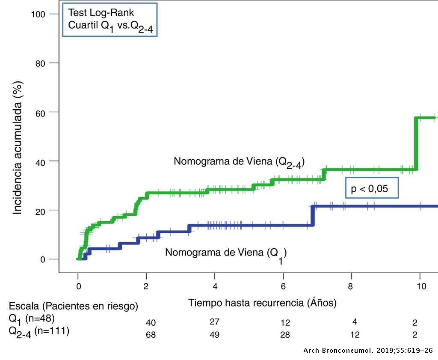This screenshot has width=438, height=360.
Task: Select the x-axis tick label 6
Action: [283, 286]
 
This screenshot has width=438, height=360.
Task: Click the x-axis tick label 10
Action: [421, 286]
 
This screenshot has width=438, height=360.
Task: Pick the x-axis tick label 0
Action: [78, 286]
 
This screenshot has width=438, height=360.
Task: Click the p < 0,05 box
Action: [372, 188]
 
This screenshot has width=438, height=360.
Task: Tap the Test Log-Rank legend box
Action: [109, 20]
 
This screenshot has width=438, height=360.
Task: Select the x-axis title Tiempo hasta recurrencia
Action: [262, 303]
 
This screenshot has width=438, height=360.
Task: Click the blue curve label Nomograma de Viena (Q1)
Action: [226, 253]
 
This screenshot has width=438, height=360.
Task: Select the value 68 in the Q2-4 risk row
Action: [151, 335]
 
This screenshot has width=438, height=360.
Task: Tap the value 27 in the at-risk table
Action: [214, 322]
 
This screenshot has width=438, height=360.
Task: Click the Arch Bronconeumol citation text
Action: [368, 351]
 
